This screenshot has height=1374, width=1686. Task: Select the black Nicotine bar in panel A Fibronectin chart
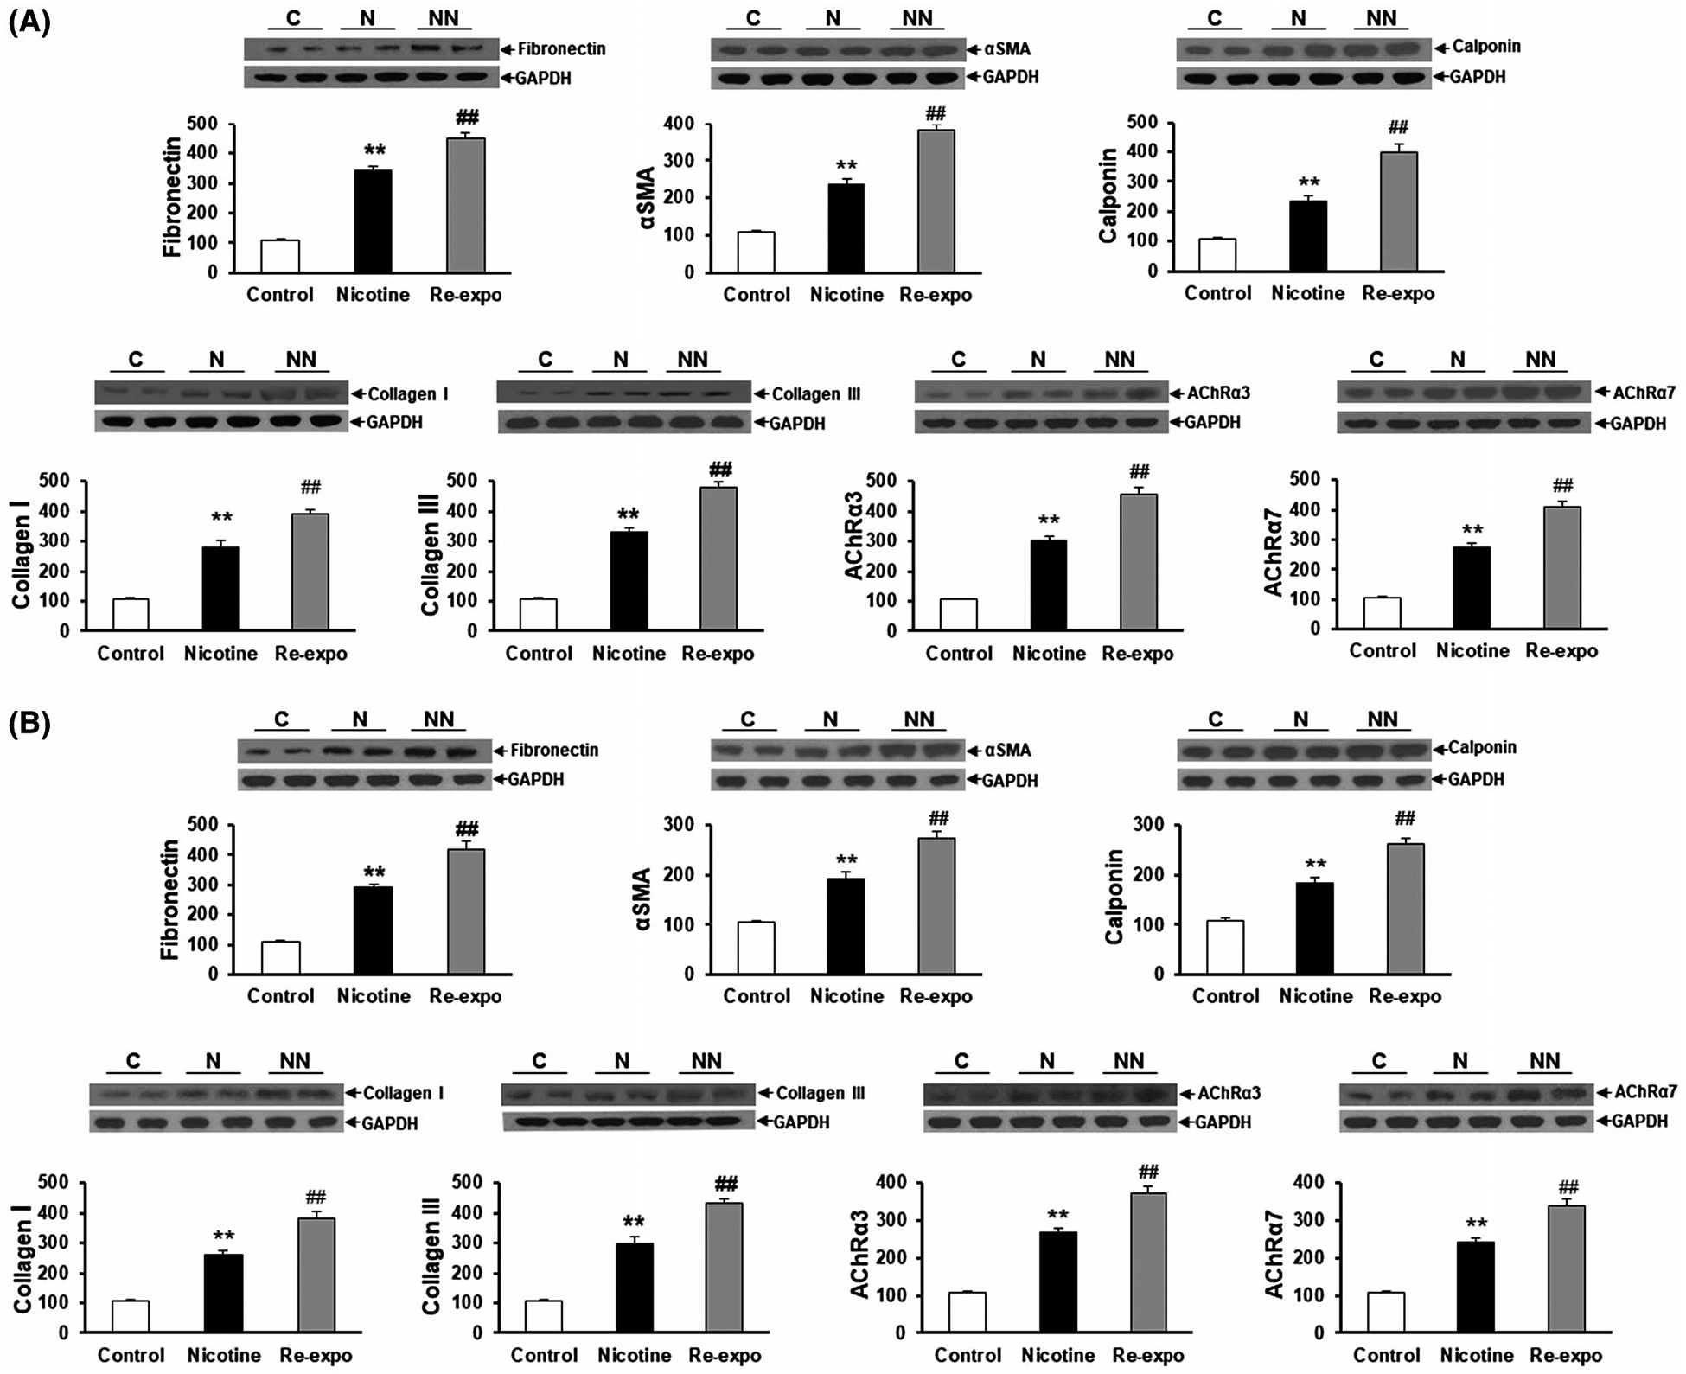(x=373, y=220)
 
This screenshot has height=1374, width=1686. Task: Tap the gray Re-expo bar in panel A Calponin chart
(x=1398, y=211)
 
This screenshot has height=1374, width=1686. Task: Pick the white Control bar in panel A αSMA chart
(x=756, y=252)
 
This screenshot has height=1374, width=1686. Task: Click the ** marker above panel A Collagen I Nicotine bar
(x=221, y=518)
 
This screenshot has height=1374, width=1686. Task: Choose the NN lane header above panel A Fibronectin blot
(x=444, y=18)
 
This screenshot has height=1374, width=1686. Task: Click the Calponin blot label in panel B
(x=1482, y=748)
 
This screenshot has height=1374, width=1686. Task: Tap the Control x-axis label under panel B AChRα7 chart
(x=1386, y=1355)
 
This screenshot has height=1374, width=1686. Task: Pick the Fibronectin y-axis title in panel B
(x=171, y=899)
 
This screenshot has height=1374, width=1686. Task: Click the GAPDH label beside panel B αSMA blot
(x=1009, y=780)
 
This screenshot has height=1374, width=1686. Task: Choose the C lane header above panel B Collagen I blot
(x=132, y=1061)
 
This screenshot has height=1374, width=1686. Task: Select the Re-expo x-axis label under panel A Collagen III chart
(x=718, y=654)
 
